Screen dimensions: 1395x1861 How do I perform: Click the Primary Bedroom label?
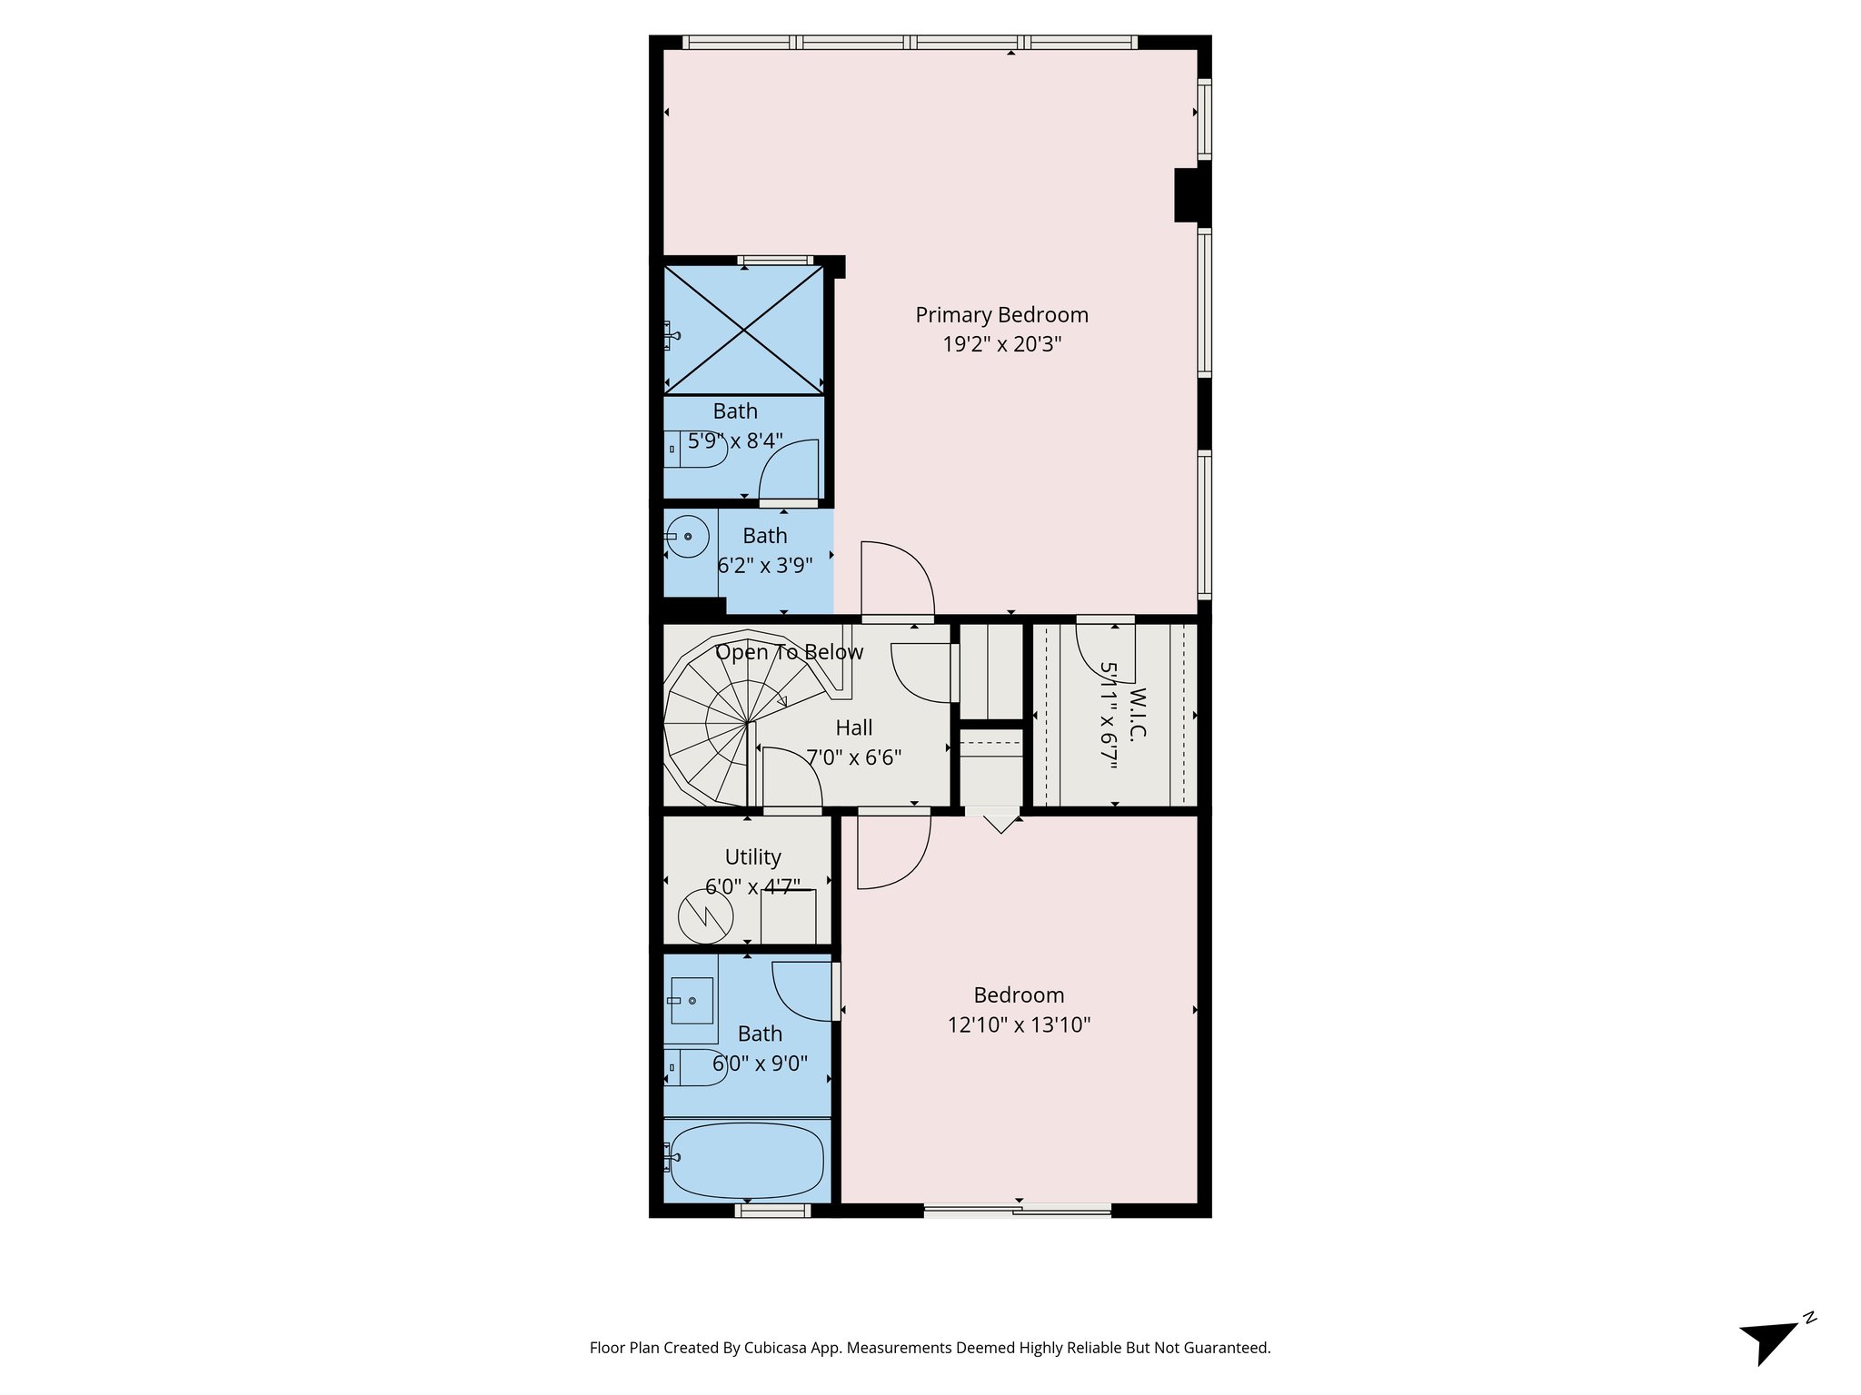1001,315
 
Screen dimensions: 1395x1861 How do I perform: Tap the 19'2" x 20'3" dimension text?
1001,344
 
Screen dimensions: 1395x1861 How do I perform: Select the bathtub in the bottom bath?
745,1161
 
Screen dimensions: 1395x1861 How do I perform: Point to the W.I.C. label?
1137,714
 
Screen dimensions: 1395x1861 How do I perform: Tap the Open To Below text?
789,652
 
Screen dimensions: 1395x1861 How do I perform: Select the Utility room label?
752,857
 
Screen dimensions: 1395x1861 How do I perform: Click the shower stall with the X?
744,330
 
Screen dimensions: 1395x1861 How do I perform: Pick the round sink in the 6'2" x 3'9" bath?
688,537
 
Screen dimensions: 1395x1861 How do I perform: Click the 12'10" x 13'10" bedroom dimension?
1019,1025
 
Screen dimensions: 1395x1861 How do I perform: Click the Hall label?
853,727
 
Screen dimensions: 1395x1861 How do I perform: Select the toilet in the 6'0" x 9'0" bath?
695,1066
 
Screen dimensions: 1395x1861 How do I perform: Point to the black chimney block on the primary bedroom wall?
1191,195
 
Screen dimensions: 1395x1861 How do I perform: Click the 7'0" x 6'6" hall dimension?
853,757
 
